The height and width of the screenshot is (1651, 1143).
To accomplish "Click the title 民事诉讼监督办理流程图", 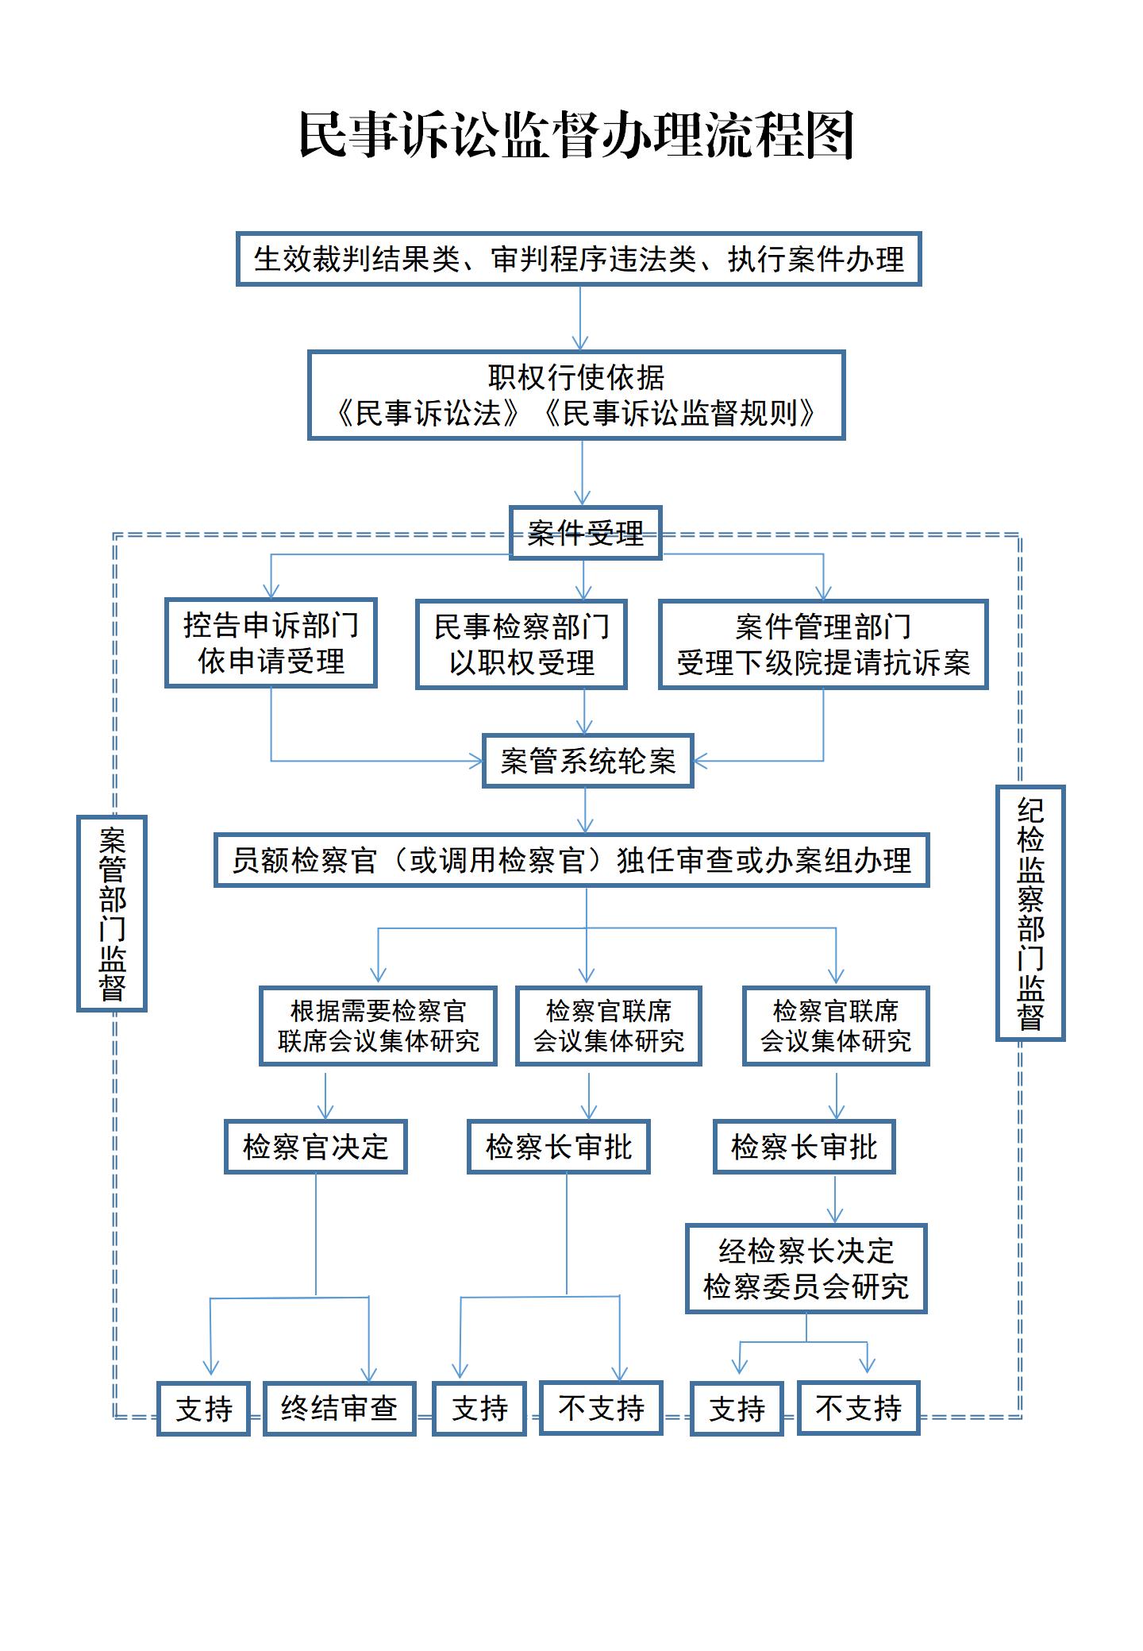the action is [575, 135].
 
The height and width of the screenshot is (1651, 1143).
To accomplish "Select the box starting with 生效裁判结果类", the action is [579, 259].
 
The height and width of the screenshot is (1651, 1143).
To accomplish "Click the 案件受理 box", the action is [585, 533].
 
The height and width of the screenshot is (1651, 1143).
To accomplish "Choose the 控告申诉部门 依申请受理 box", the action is [271, 642].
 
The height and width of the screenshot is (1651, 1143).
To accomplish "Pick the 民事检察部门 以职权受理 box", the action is [521, 644].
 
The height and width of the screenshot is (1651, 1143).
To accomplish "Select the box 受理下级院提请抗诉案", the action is [823, 644].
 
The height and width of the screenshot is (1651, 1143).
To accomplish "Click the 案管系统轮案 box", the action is [588, 761].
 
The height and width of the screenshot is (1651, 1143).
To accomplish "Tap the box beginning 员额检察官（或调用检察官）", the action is [571, 860].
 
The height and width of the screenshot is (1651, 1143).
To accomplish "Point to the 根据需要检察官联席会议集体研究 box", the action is [378, 1026].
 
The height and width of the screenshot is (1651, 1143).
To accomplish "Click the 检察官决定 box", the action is [316, 1147].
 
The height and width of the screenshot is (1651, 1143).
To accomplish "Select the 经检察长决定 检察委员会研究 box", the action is [806, 1269].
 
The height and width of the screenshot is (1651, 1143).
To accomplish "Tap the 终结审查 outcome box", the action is [340, 1408].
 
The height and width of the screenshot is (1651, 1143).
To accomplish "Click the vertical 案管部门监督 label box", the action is [112, 913].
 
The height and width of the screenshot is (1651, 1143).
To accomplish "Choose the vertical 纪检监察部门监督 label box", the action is [1030, 913].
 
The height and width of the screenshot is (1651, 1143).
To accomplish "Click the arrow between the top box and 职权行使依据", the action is [580, 318].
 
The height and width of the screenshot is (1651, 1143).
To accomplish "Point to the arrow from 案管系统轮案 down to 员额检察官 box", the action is [586, 810].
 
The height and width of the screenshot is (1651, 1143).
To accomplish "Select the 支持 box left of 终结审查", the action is [204, 1408].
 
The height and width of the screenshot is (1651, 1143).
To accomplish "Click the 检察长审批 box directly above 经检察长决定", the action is [804, 1147].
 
